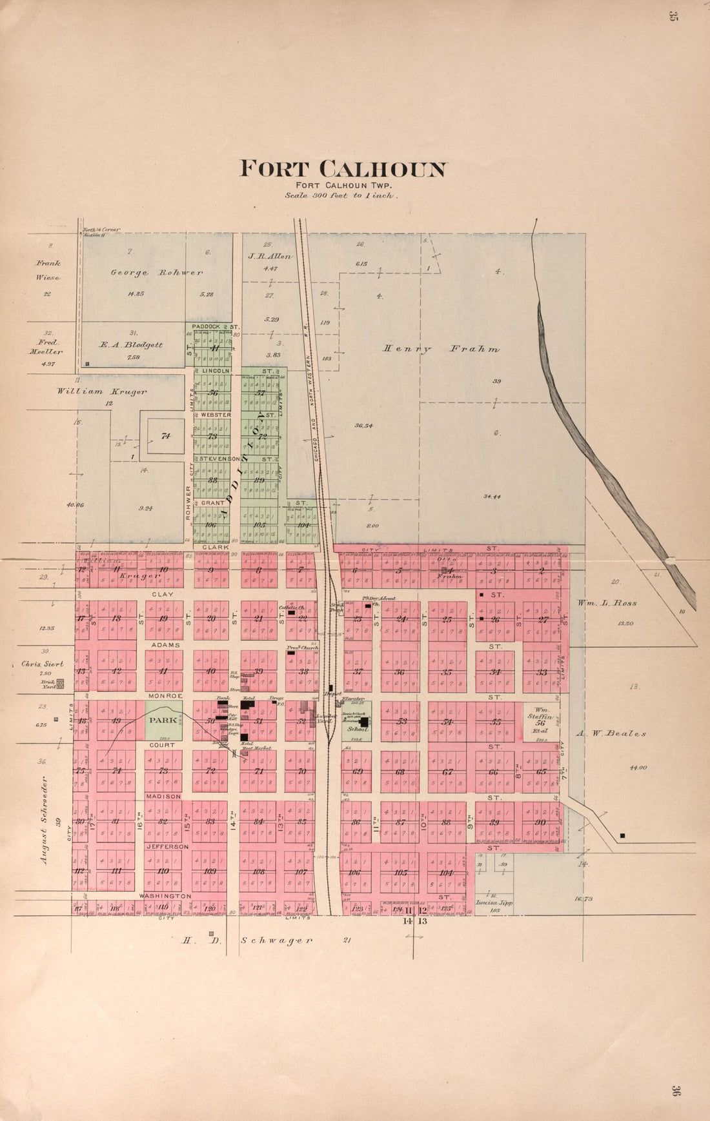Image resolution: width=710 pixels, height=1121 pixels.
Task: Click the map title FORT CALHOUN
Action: pos(343,169)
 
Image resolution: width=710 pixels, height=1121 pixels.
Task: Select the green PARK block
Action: pos(163,720)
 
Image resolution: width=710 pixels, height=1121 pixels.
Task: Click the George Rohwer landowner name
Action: pos(156,272)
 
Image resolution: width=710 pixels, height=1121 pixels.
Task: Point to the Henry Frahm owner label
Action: pos(441,349)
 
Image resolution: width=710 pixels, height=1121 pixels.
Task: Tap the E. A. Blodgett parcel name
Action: pos(130,344)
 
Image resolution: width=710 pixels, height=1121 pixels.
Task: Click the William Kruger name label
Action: pos(101,391)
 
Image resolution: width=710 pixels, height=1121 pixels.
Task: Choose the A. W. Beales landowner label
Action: pos(611,733)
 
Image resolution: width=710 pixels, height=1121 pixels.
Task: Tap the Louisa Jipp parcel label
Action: pos(494,903)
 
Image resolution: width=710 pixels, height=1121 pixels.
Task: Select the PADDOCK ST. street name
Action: pos(216,326)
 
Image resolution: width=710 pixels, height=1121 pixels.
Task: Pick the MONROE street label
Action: pos(165,696)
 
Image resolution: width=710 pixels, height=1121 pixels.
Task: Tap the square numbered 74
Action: pos(166,436)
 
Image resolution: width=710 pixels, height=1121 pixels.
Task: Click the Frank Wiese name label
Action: pos(48,270)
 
